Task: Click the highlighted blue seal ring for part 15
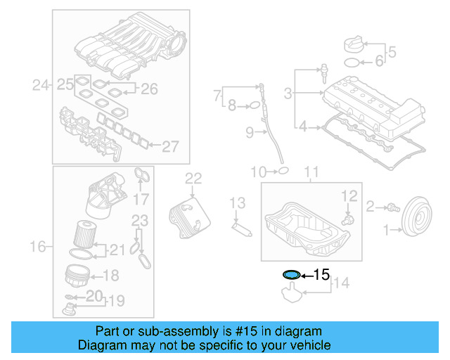pyautogui.click(x=291, y=274)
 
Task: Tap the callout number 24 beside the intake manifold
pyautogui.click(x=41, y=86)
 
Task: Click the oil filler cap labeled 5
pyautogui.click(x=354, y=46)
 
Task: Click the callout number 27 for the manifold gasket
pyautogui.click(x=171, y=146)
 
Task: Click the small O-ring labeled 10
pyautogui.click(x=282, y=170)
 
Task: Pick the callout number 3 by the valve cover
pyautogui.click(x=288, y=93)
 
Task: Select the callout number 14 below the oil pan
pyautogui.click(x=340, y=283)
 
